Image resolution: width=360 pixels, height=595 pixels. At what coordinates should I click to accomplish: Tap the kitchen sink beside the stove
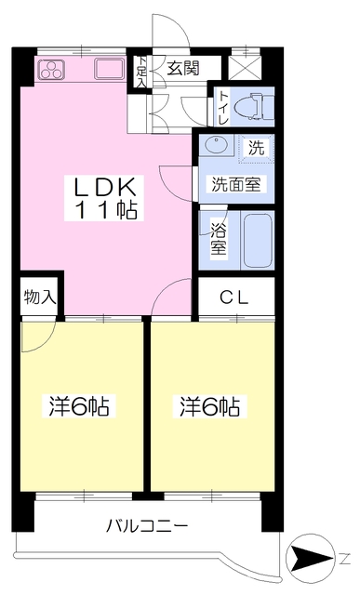pos(110,69)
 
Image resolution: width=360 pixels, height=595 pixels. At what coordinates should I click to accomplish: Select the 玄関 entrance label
pos(183,68)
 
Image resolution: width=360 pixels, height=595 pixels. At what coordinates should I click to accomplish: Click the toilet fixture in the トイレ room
pos(254,106)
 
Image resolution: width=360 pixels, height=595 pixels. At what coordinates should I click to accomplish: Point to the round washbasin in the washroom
pos(216,145)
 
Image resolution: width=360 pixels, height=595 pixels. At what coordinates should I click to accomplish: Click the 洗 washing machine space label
pos(257,147)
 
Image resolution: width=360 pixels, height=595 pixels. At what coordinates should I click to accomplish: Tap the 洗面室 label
pos(236,184)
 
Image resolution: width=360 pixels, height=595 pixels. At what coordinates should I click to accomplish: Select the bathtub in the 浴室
pos(258,241)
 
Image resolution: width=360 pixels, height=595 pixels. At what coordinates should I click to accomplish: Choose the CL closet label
pos(234,298)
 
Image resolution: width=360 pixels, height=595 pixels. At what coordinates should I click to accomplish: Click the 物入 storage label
pos(39,297)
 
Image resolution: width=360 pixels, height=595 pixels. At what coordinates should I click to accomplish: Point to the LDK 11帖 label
pos(104,198)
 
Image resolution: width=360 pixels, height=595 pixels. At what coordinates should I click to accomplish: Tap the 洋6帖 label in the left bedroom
pos(79,407)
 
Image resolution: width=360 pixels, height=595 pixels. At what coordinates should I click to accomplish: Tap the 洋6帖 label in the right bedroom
pos(209,407)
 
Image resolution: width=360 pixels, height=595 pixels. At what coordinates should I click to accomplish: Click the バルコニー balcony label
pos(147,526)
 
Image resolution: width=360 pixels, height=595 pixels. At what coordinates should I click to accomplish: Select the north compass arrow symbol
pos(310,558)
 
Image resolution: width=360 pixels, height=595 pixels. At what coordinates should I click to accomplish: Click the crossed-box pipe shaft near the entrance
pos(245,68)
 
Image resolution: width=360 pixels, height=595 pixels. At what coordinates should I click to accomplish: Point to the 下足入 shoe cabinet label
pos(141,72)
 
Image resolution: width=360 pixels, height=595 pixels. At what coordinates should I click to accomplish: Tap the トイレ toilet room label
pos(223,108)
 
